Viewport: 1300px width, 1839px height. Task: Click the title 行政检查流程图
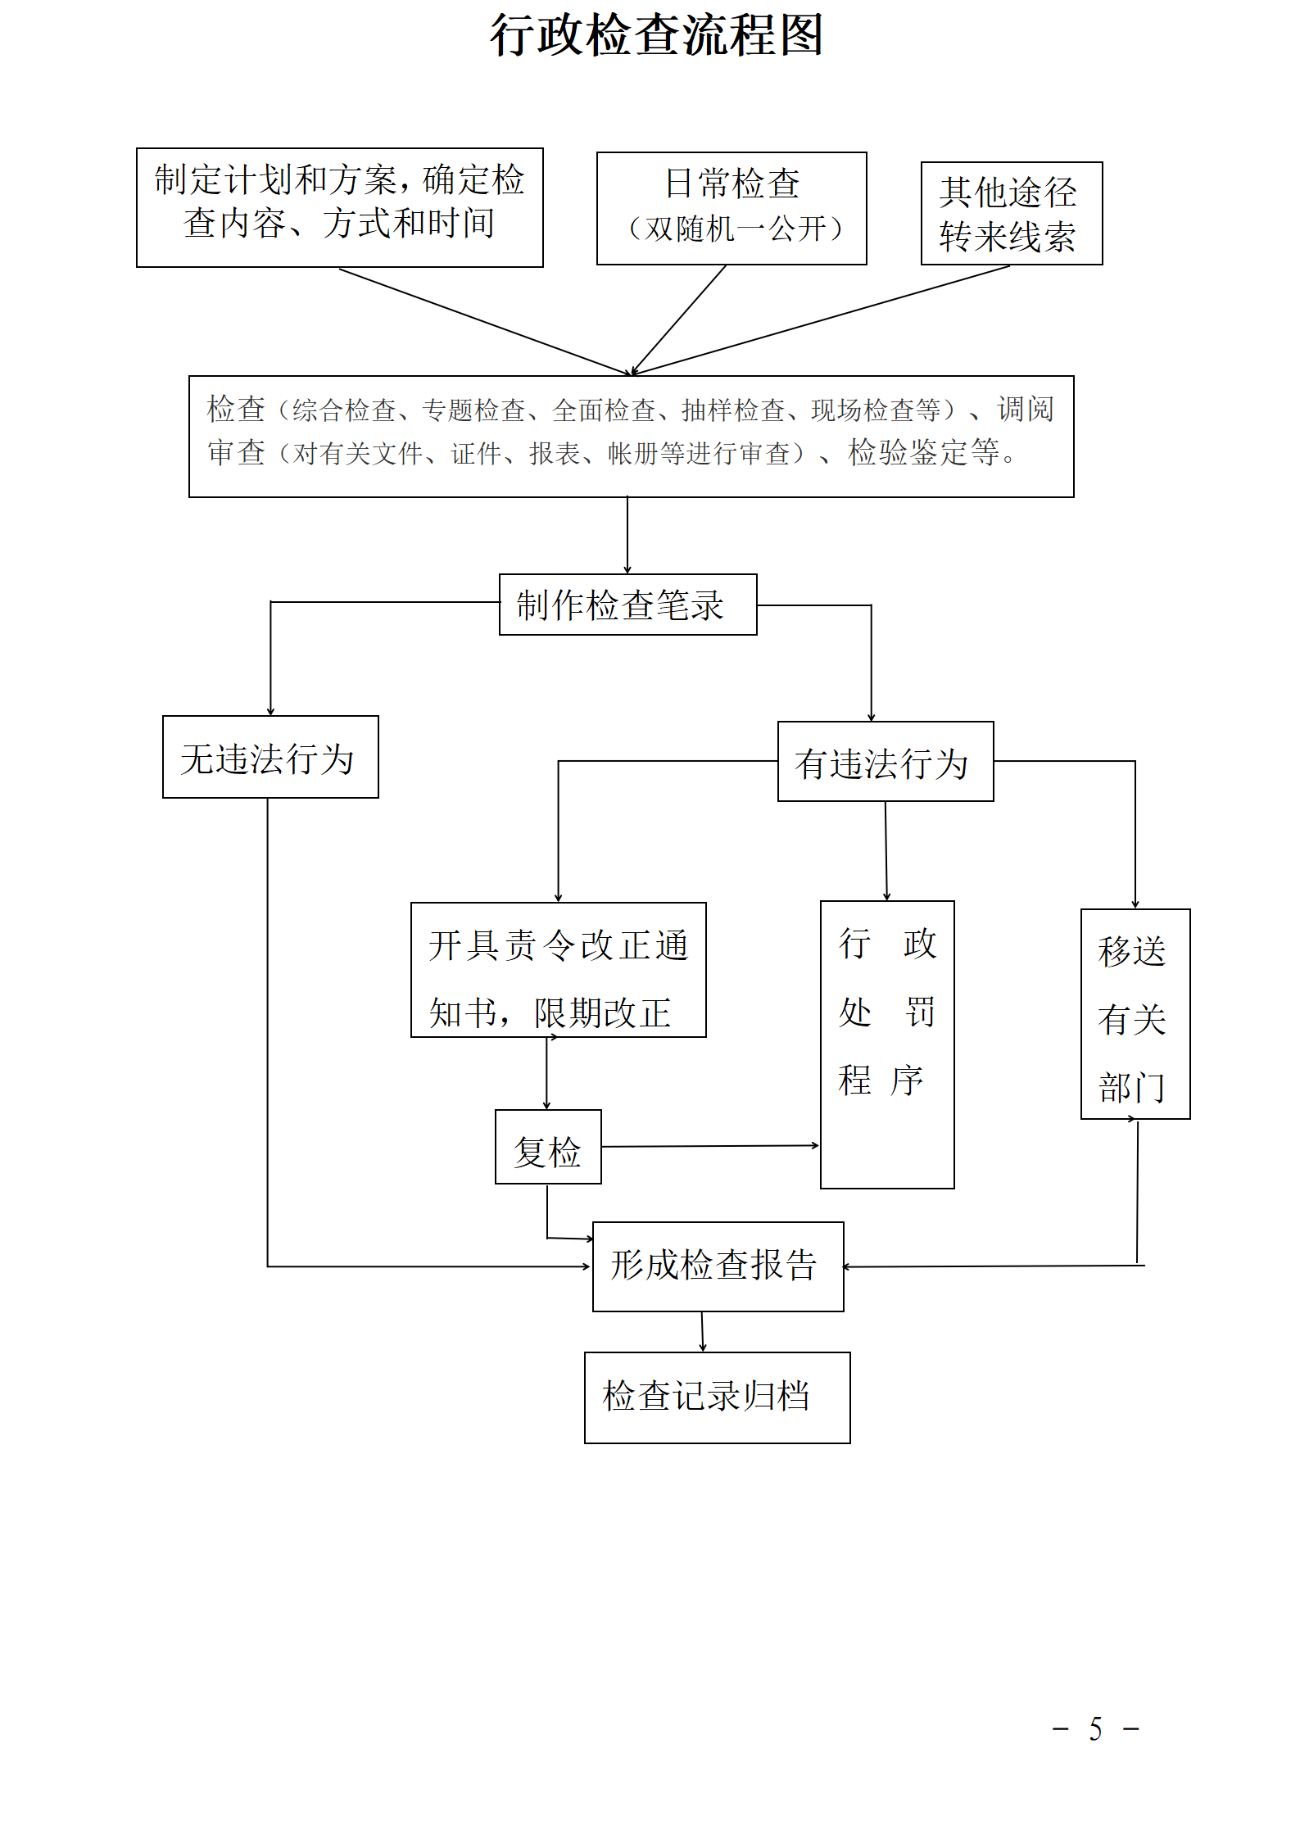click(x=656, y=36)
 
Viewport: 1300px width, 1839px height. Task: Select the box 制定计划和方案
click(x=339, y=207)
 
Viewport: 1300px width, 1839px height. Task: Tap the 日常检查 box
click(x=731, y=207)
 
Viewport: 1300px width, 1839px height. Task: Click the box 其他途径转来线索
click(x=1011, y=213)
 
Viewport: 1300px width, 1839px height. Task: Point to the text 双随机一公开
click(x=735, y=229)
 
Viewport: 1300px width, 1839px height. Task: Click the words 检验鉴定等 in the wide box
click(x=923, y=452)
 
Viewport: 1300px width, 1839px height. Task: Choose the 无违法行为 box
click(x=270, y=757)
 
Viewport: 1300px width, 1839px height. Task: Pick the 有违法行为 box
click(x=885, y=761)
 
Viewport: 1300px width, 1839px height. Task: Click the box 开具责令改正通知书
click(x=558, y=970)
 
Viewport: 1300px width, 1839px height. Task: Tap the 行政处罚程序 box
click(x=886, y=1044)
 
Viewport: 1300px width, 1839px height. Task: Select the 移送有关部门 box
click(x=1135, y=1014)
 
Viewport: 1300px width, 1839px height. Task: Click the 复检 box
click(x=547, y=1147)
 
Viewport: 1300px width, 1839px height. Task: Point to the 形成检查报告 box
click(x=718, y=1266)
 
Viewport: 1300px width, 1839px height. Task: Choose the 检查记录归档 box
click(x=717, y=1397)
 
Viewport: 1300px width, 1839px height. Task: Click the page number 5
click(x=1095, y=1730)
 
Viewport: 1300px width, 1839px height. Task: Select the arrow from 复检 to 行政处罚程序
click(x=709, y=1146)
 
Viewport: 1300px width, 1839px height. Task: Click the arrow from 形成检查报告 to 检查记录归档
click(x=702, y=1331)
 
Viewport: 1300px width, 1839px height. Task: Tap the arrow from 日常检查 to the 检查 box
click(x=678, y=319)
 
